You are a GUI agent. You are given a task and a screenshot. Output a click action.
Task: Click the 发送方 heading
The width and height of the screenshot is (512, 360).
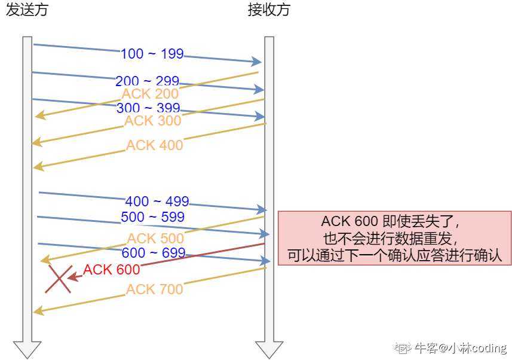coord(27,10)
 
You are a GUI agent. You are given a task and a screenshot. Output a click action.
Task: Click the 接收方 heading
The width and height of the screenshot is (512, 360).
coord(269,10)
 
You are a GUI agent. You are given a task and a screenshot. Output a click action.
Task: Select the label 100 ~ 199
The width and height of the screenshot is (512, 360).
coord(152,54)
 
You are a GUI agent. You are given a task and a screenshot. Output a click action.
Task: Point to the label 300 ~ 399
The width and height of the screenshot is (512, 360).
coord(148,108)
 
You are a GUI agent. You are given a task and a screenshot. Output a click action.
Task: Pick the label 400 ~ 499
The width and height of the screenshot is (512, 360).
coord(157,202)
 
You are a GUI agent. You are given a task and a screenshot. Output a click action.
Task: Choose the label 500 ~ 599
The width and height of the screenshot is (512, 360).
coord(152,216)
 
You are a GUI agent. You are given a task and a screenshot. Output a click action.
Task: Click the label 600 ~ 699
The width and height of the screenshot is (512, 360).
coord(154,254)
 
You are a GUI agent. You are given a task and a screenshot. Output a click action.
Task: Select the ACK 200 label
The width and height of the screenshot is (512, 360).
coord(150,94)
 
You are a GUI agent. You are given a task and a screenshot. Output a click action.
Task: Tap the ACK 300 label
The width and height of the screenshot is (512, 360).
coord(152,121)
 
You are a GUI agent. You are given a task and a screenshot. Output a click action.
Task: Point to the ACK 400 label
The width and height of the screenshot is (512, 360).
coord(154,145)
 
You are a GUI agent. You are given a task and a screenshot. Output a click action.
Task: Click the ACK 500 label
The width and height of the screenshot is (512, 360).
coord(155,239)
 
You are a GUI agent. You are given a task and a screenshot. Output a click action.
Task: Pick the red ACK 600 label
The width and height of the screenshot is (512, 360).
coord(112,270)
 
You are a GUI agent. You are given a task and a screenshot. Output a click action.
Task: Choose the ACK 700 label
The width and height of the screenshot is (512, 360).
coord(154,289)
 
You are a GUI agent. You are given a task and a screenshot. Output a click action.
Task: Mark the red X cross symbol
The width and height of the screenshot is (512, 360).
coord(59,279)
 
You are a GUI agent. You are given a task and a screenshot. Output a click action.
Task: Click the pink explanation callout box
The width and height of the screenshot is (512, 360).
coord(394,237)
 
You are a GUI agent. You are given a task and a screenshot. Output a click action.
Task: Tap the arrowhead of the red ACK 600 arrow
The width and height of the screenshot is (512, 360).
coord(73,277)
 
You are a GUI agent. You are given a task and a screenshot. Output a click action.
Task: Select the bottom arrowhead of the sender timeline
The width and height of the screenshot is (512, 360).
coord(27,349)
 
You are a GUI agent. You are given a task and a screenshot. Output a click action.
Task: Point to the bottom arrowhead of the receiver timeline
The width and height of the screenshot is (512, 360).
coord(269,349)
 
